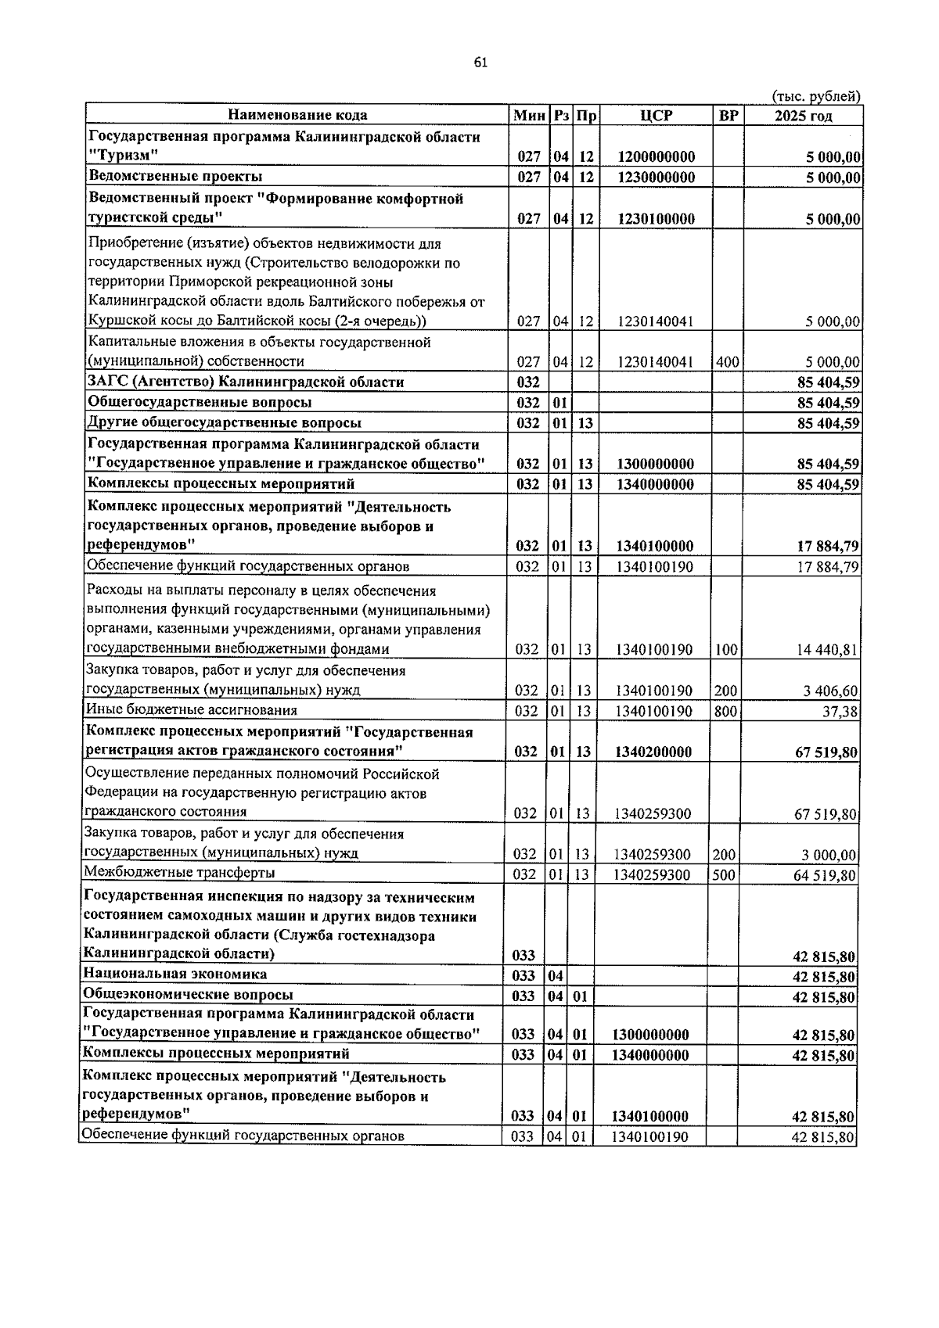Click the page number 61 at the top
(480, 63)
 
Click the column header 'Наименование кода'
(297, 116)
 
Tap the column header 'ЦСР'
(656, 116)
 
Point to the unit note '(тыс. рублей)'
(815, 96)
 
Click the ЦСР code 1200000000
(656, 157)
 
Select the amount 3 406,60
(829, 691)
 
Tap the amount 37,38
(840, 711)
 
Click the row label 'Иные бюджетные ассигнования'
(192, 710)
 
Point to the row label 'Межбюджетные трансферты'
(180, 873)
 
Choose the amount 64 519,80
(825, 875)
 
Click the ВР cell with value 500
(724, 874)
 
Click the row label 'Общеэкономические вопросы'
(189, 995)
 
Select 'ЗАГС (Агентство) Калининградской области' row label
(246, 382)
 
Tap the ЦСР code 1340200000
(653, 752)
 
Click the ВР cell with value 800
(725, 711)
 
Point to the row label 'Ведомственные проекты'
(175, 177)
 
